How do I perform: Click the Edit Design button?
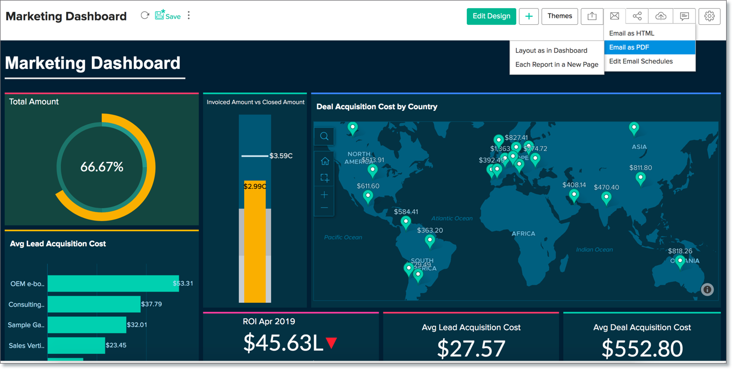[491, 16]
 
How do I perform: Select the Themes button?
[559, 16]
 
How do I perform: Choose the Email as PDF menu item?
[649, 47]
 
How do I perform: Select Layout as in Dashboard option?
[551, 51]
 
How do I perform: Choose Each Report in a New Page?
[557, 65]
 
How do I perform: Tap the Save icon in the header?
[167, 16]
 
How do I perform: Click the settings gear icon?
[709, 16]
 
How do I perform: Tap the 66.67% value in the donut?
[102, 167]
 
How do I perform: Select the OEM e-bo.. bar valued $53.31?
[113, 283]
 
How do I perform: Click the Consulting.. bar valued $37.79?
[94, 304]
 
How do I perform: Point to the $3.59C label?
[281, 156]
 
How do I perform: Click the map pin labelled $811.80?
[640, 178]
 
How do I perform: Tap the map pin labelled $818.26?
[680, 261]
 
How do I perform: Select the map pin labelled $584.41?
[406, 222]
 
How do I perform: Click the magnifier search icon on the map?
[324, 137]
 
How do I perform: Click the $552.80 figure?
[642, 349]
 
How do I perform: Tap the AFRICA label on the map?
[523, 233]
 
